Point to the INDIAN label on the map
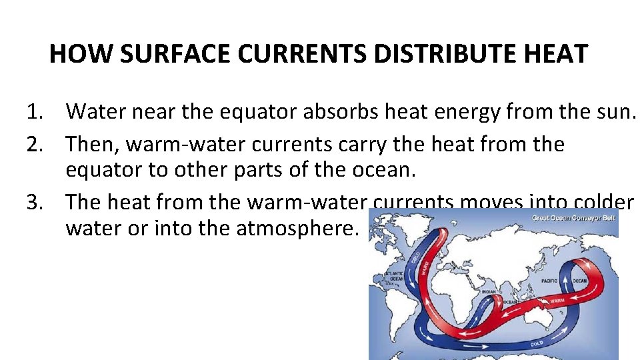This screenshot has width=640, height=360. (x=488, y=291)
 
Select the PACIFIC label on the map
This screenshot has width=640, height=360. (x=549, y=281)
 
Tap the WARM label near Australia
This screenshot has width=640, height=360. (x=557, y=301)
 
